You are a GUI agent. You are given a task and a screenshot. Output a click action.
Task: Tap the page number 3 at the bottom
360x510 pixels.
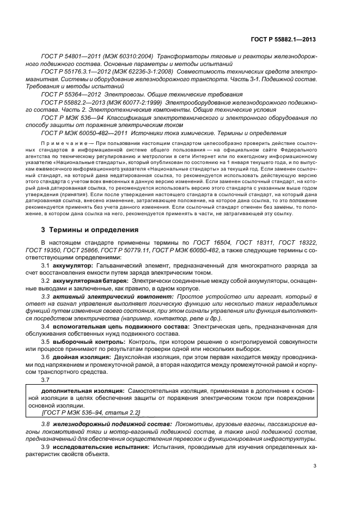click(315, 466)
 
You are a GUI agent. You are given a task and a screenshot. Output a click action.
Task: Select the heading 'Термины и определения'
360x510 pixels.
click(90, 230)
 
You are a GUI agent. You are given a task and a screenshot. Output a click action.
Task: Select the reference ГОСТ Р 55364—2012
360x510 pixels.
click(71, 94)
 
